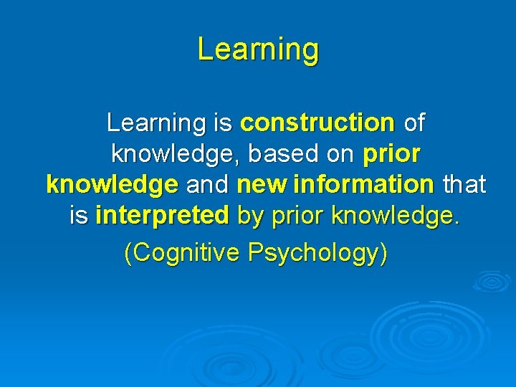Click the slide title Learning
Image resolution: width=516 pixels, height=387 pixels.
click(x=258, y=49)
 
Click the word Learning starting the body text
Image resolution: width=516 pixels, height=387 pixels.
click(x=156, y=123)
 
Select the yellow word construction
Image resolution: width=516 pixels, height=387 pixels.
click(x=317, y=123)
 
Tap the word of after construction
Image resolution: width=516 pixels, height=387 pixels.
click(x=414, y=123)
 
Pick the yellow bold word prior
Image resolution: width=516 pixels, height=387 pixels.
click(x=391, y=154)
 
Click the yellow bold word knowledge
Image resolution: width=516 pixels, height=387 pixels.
click(x=112, y=185)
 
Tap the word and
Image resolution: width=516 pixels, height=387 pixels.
click(x=207, y=185)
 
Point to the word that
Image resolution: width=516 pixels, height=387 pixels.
click(x=464, y=185)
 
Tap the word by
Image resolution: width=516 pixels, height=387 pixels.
click(x=250, y=216)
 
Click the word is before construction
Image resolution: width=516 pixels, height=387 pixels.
click(x=222, y=123)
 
